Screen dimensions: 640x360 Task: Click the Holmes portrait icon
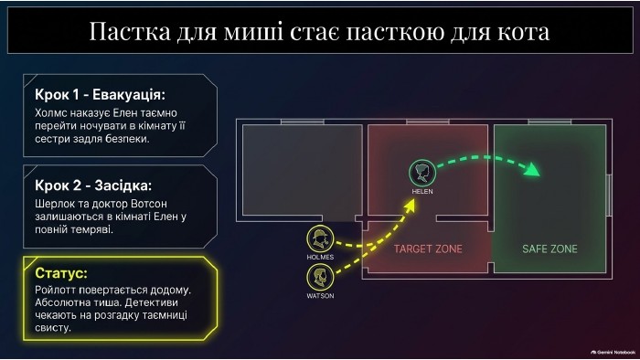(320, 238)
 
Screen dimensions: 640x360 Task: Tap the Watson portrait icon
(320, 277)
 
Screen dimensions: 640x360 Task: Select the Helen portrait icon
(422, 173)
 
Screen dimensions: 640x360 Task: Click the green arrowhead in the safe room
(532, 169)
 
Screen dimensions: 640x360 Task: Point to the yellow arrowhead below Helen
(410, 205)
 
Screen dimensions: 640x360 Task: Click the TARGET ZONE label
(428, 249)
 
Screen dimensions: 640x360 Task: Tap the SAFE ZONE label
(549, 249)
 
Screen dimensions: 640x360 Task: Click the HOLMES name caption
(320, 258)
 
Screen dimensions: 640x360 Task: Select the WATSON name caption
(320, 296)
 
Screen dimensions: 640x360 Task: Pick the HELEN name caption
(422, 191)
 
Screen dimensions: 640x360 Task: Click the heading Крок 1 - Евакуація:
(100, 95)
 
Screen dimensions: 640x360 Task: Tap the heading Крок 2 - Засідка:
(93, 185)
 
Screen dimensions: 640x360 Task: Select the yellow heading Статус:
(61, 273)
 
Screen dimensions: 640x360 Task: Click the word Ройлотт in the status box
(55, 291)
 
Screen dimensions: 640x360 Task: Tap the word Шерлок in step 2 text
(51, 204)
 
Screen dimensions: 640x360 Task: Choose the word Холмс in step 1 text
(50, 113)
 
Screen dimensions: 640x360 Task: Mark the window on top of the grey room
(303, 122)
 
